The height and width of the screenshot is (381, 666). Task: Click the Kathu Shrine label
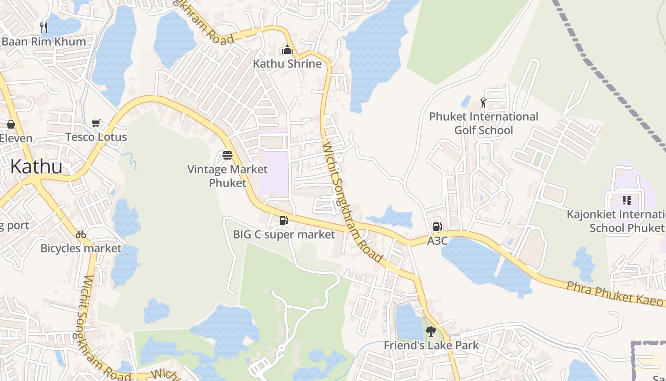[x=287, y=63]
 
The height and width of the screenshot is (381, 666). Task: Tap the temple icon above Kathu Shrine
[x=287, y=50]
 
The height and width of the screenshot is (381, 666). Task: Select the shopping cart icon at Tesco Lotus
[x=96, y=123]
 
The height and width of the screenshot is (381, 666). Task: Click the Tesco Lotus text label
[x=96, y=137]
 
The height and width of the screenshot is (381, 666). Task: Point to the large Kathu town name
[x=36, y=167]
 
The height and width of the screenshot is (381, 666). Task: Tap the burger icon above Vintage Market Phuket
[x=227, y=155]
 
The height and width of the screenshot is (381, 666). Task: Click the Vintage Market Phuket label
[x=227, y=176]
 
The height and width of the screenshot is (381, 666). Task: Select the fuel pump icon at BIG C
[x=284, y=220]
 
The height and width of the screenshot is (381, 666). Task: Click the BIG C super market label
[x=284, y=234]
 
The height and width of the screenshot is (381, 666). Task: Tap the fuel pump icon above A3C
[x=437, y=227]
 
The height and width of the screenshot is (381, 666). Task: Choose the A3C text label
[x=437, y=241]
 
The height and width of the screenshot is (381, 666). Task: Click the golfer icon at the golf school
[x=483, y=102]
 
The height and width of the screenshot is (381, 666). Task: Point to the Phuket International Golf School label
[x=483, y=123]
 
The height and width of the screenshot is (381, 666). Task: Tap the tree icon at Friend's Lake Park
[x=431, y=331]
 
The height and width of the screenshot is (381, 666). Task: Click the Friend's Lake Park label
[x=431, y=345]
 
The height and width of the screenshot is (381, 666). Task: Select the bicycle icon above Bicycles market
[x=81, y=234]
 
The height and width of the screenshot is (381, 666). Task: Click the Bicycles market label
[x=81, y=248]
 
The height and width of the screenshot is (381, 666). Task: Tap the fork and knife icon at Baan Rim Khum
[x=44, y=27]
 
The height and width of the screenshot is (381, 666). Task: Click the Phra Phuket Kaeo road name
[x=614, y=293]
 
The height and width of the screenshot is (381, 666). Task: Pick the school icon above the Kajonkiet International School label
[x=627, y=201]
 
